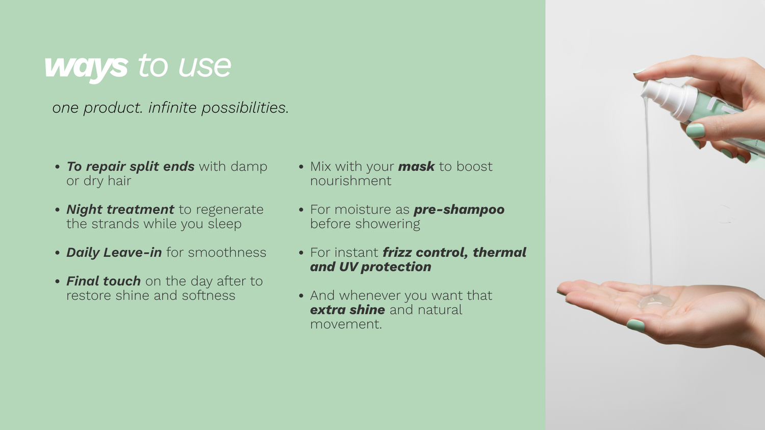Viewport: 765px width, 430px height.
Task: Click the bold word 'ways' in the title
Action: pos(86,68)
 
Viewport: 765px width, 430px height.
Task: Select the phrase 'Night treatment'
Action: pos(120,209)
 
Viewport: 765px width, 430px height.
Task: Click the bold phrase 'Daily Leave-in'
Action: pos(114,253)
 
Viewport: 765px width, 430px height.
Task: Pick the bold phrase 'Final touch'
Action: pos(104,281)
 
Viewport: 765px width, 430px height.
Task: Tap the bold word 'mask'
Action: pos(416,167)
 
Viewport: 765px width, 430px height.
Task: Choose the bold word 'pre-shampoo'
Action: pos(459,210)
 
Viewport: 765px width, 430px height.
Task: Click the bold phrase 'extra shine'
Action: pos(348,310)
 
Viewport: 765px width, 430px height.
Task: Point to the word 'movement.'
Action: pos(346,324)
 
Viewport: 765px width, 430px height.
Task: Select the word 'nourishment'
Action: pos(351,181)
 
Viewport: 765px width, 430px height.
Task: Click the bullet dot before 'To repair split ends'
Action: pos(57,167)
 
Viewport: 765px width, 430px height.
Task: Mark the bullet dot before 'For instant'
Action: pos(301,253)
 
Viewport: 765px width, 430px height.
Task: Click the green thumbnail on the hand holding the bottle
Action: pos(695,130)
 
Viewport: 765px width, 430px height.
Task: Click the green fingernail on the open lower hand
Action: pos(635,325)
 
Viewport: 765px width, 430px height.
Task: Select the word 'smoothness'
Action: pos(227,253)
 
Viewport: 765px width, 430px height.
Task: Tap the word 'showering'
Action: pos(388,224)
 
